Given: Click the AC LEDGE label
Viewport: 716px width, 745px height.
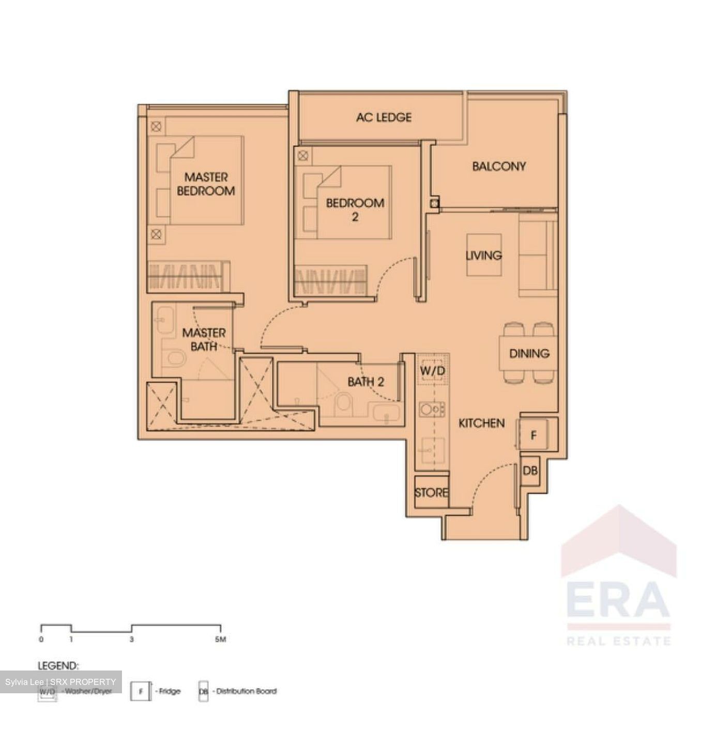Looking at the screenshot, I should point(384,117).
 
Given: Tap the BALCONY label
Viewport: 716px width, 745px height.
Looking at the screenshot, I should point(498,166).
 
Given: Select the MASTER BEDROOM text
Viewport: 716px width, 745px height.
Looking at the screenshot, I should point(206,184).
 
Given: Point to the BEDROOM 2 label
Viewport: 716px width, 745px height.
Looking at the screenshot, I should point(355,210).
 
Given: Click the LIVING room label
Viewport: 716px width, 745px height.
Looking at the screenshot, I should point(483,255).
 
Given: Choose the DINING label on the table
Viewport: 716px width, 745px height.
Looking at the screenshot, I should point(529,353).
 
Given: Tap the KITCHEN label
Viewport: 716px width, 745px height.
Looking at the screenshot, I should point(481,423).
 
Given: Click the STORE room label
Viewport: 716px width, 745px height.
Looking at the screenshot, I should point(431,493).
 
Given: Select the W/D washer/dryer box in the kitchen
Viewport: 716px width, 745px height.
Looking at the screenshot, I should point(432,371).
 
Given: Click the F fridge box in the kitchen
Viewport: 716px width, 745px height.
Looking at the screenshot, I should point(534,436).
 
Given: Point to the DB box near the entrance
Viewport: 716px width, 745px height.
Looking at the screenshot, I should point(530,471).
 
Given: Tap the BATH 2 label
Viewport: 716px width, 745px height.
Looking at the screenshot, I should point(365,382).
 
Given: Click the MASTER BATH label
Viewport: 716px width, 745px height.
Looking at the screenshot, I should point(204,339).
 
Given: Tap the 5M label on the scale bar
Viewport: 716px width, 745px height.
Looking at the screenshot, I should point(220,639).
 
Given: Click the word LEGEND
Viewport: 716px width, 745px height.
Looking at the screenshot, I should point(58,665).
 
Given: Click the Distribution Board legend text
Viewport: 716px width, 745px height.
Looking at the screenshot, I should point(246,691).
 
